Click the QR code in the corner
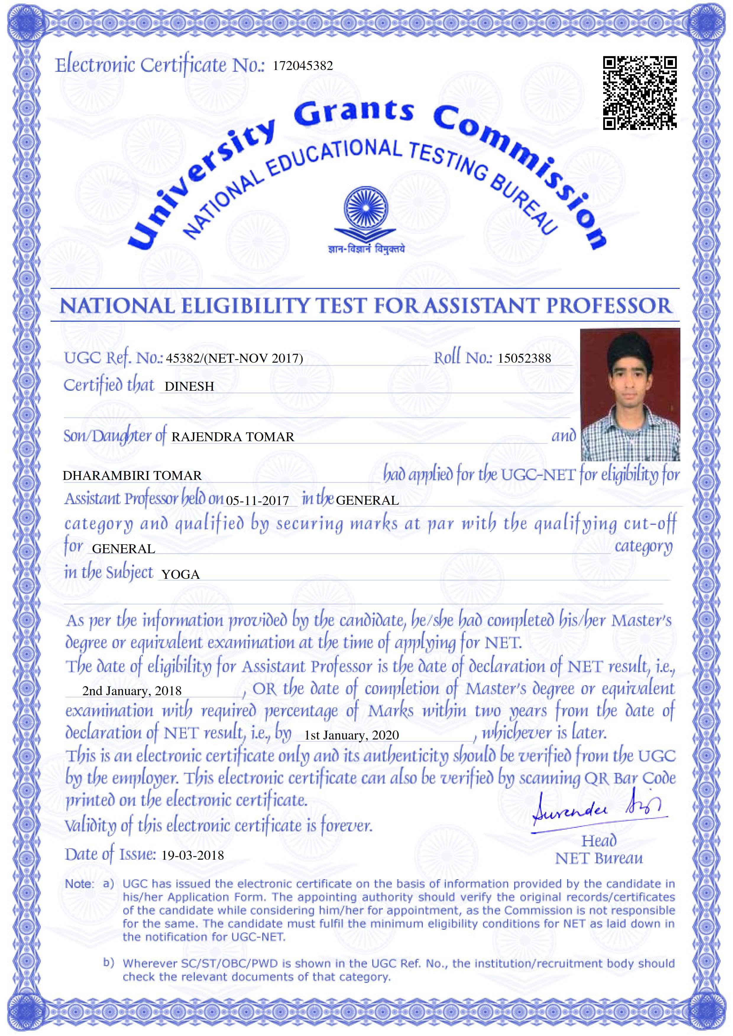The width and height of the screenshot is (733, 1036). [x=640, y=93]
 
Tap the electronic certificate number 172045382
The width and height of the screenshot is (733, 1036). [x=303, y=66]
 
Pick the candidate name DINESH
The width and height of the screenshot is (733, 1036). [x=189, y=387]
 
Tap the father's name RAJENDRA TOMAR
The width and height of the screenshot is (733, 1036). [x=233, y=437]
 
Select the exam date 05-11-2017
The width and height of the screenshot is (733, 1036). [x=258, y=500]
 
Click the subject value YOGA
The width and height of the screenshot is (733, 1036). [x=181, y=574]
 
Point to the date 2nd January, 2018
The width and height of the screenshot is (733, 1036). [x=132, y=691]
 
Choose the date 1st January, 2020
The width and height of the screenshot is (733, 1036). [x=351, y=735]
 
